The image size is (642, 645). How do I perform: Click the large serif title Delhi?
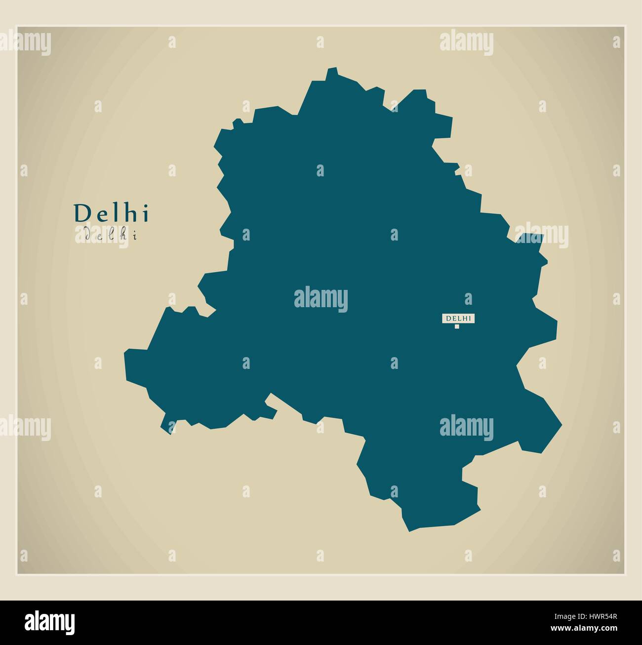111,213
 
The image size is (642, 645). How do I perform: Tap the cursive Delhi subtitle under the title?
111,235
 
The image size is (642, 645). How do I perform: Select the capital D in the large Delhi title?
80,214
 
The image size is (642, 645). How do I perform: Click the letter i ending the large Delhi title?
145,213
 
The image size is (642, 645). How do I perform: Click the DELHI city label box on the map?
458,319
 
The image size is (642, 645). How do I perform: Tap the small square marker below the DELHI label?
457,326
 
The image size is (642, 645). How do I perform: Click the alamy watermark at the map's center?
321,299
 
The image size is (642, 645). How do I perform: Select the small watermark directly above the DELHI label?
468,299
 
